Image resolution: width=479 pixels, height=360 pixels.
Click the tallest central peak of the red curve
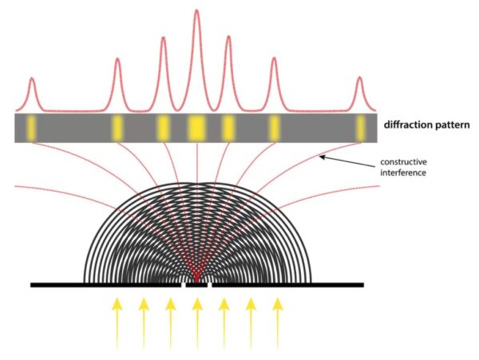(x=196, y=10)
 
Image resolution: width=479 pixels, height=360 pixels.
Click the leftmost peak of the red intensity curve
(x=32, y=78)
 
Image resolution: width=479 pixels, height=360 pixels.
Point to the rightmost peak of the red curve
(x=360, y=77)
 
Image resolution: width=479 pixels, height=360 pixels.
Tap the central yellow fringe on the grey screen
(x=196, y=128)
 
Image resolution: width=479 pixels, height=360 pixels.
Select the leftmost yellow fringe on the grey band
(x=31, y=129)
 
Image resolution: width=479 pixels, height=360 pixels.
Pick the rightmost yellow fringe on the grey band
(x=361, y=128)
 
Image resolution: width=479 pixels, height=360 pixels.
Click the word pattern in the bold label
(x=451, y=125)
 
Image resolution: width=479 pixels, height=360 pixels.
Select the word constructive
(x=403, y=161)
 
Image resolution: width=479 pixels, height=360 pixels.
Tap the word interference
(x=402, y=173)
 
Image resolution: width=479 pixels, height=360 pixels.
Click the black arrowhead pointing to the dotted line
(x=323, y=157)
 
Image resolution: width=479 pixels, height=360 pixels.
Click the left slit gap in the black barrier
(x=184, y=285)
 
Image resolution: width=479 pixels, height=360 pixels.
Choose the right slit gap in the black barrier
(x=209, y=285)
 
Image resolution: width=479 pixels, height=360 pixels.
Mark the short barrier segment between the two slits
(x=196, y=285)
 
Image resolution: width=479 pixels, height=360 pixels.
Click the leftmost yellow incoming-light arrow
(x=117, y=323)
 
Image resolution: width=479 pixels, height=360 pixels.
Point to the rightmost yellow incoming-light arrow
(x=277, y=323)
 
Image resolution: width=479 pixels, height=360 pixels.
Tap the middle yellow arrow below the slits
(x=197, y=323)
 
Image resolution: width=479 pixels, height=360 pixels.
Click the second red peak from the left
(x=117, y=59)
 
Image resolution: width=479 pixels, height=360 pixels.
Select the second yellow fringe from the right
(x=275, y=128)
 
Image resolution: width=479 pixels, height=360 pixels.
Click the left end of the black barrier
(x=31, y=285)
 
